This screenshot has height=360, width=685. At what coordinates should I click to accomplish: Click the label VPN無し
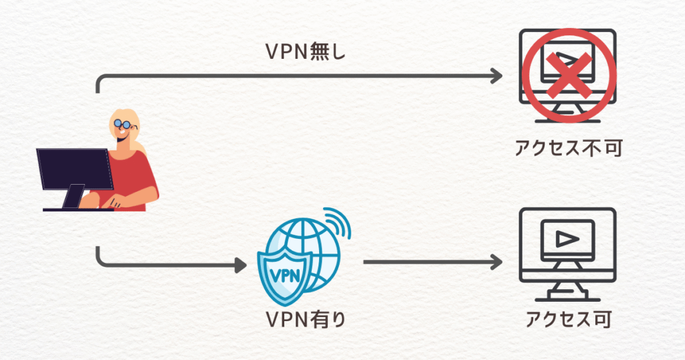point(305,52)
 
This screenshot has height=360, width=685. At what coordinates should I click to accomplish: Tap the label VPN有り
point(306,319)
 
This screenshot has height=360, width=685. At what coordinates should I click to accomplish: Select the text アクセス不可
point(569,148)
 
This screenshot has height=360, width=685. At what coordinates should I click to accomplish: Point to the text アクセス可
point(568,319)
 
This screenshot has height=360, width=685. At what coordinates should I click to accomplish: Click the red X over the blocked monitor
point(568,74)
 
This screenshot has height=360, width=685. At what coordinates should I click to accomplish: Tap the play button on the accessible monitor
point(567,238)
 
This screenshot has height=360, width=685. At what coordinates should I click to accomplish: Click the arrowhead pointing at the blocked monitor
point(496,76)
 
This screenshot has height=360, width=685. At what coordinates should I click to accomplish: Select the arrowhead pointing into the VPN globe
point(241,265)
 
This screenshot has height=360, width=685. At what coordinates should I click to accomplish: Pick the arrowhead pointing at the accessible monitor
point(496,262)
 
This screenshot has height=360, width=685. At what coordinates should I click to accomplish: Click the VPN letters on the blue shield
point(286,276)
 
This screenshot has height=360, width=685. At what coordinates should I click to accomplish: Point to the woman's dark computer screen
point(74,169)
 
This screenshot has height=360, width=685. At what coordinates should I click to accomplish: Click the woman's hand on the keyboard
point(114,203)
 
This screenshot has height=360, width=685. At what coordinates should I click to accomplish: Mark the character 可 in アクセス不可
point(613,148)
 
